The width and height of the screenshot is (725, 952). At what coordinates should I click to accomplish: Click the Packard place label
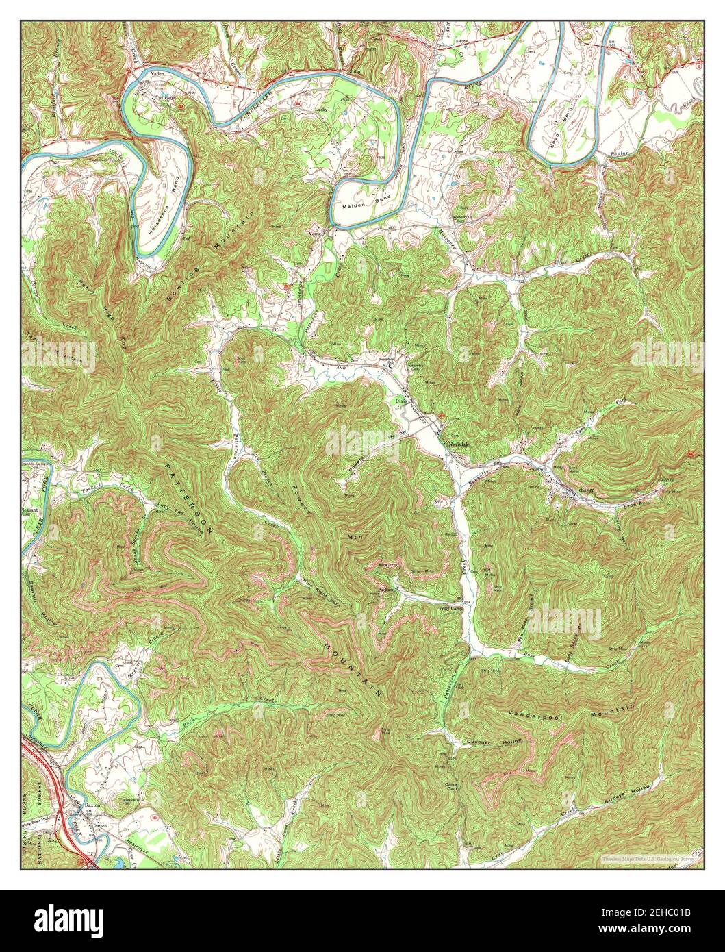387,590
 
